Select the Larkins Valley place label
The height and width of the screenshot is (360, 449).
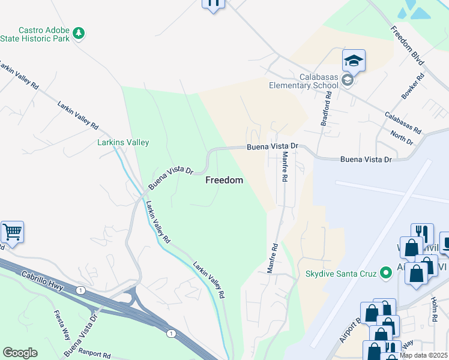123,143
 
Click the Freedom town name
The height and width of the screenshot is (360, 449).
224,180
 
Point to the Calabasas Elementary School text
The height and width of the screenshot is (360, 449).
319,81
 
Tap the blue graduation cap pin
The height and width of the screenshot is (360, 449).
354,61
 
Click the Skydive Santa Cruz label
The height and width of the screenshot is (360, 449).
340,274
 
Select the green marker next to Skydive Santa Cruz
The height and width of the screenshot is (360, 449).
386,274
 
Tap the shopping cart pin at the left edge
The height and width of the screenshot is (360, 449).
11,232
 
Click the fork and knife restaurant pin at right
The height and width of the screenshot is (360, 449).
422,234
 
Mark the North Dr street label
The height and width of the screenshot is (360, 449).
402,137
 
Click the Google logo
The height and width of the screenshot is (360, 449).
20,353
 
